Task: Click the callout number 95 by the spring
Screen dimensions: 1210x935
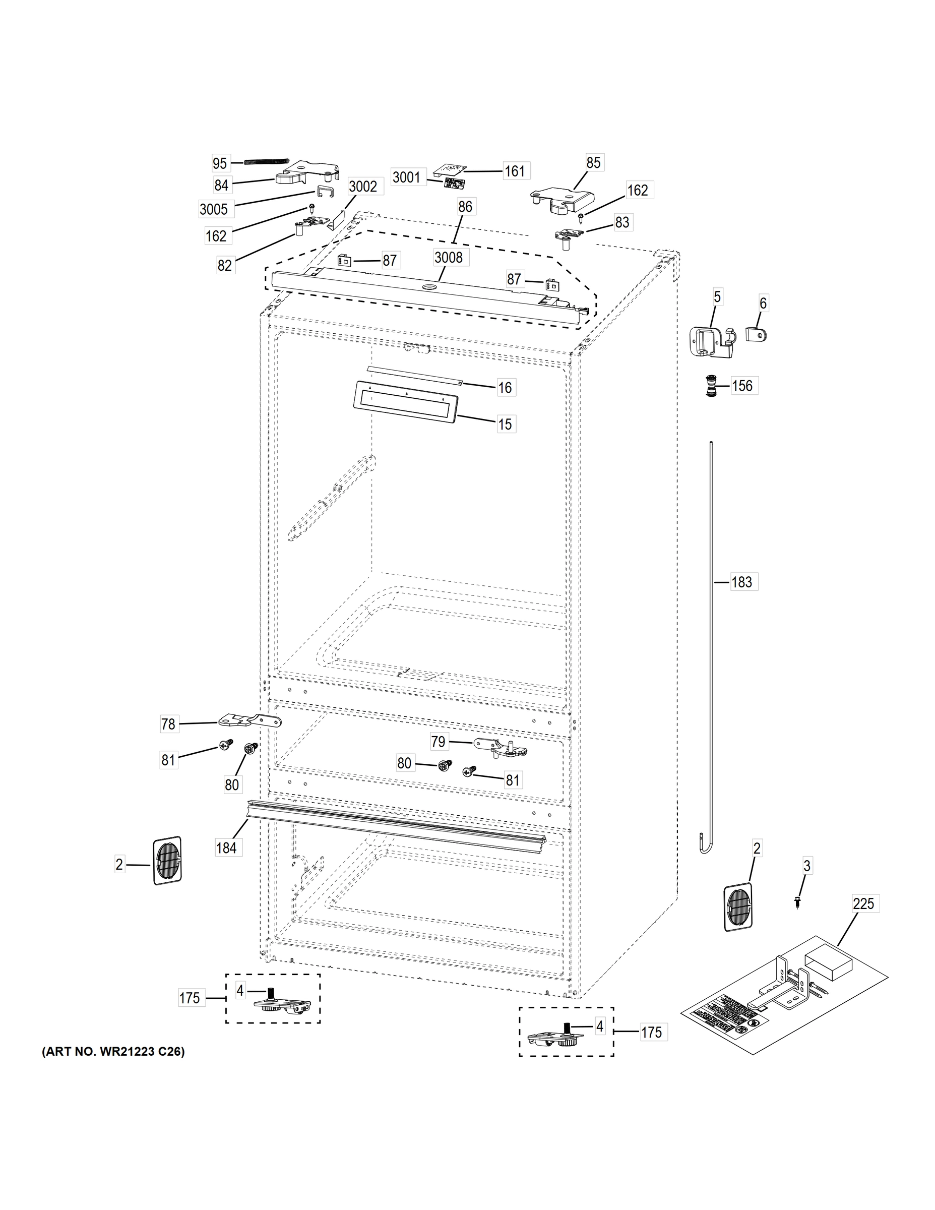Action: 220,163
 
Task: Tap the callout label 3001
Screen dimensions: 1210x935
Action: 406,177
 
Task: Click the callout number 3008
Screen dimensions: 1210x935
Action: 448,258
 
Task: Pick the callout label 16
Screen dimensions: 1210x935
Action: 505,387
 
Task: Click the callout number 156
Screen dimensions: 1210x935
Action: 742,386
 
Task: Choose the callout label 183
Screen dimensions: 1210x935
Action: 741,582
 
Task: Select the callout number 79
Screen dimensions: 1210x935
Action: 438,741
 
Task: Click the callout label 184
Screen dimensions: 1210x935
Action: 226,847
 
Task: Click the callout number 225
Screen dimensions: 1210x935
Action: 863,904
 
